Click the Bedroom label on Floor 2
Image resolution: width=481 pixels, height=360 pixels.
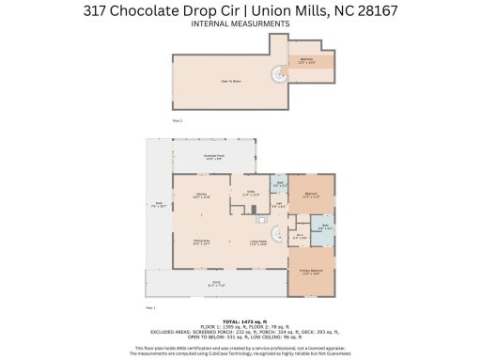(x=306, y=58)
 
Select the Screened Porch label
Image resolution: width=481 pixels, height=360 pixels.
(x=214, y=156)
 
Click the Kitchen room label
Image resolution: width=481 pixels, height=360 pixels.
(x=201, y=196)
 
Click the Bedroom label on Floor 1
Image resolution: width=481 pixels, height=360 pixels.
(x=310, y=195)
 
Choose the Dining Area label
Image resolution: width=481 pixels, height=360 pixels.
(x=201, y=241)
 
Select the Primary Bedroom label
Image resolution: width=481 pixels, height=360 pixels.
(x=310, y=272)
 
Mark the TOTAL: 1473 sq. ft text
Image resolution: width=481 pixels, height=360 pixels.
(x=240, y=321)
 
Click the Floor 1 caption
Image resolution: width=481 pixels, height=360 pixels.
(x=150, y=306)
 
